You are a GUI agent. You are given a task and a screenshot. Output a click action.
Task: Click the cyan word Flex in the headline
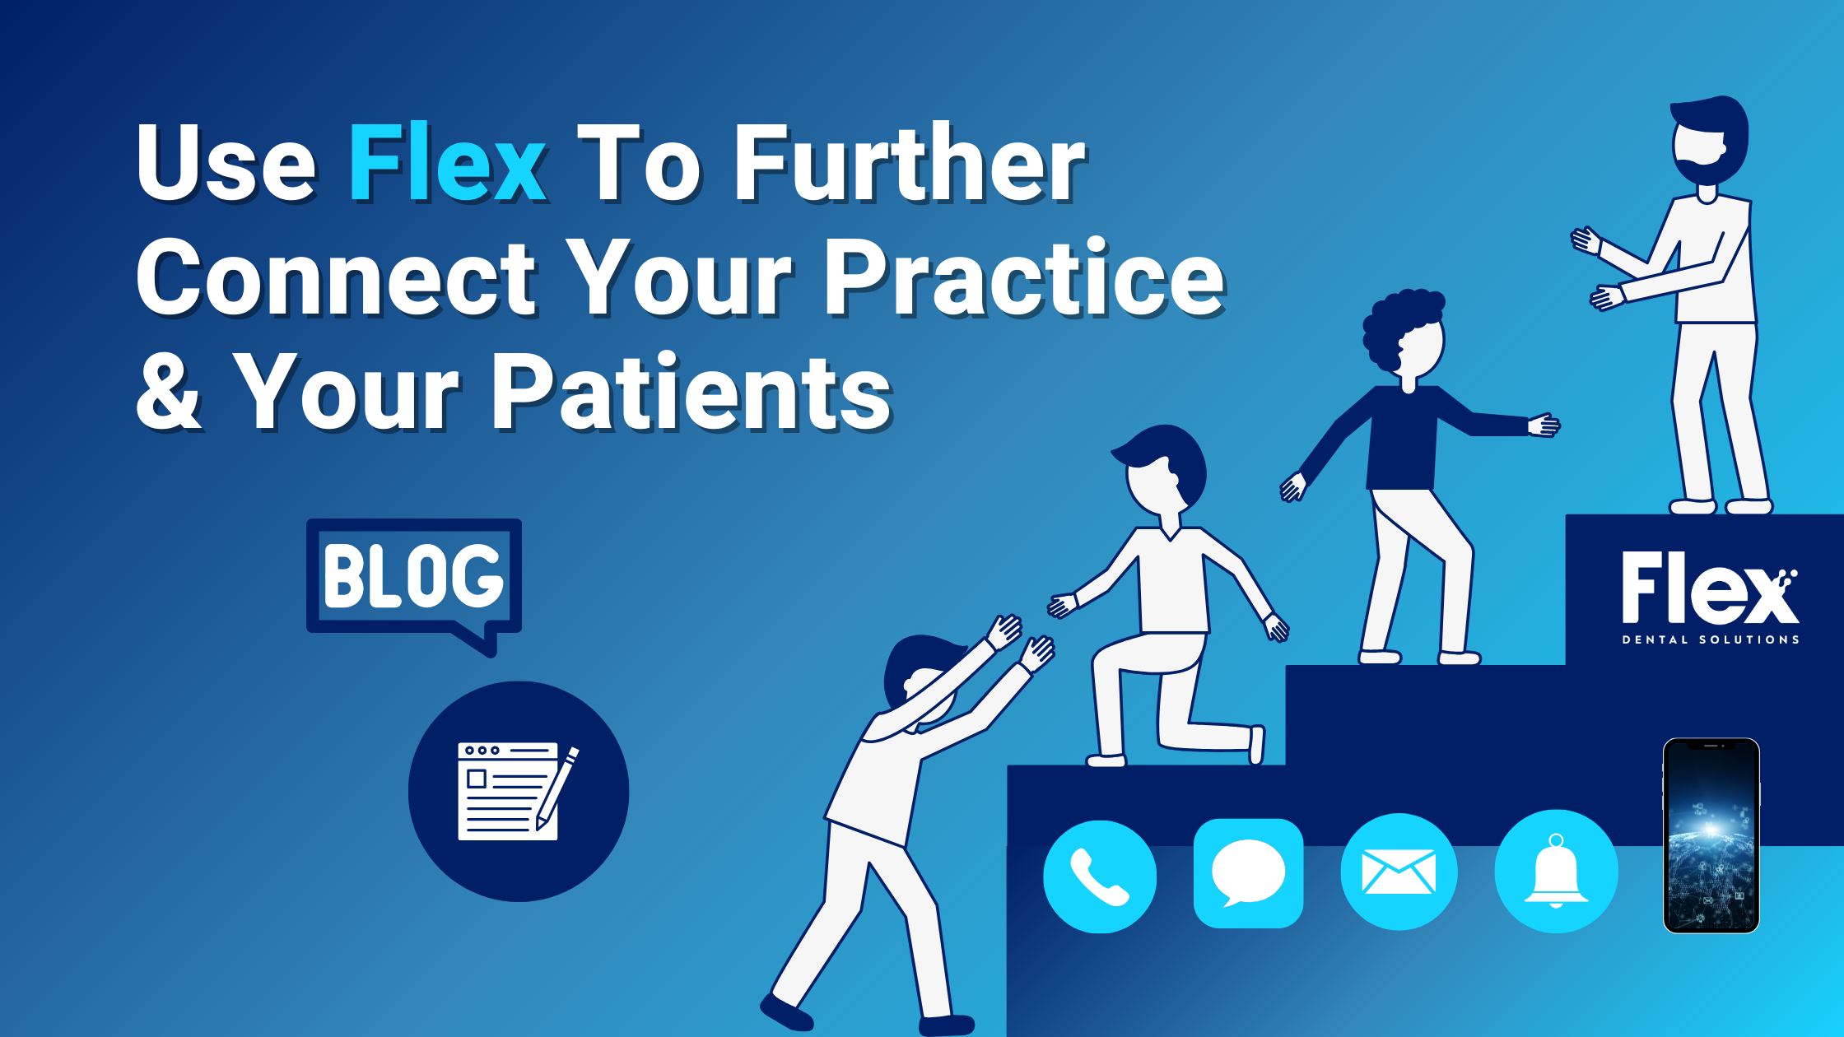coord(447,163)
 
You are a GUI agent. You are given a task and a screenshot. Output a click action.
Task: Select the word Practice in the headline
coord(1024,278)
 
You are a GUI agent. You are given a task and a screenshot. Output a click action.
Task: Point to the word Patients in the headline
coord(691,392)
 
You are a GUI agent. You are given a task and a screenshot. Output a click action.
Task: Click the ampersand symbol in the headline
coord(169,393)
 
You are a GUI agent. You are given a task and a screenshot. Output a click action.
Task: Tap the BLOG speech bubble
coord(413,576)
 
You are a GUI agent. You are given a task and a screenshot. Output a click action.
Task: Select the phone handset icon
coord(1099,877)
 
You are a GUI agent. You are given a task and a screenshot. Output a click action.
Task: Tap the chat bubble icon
coord(1248,873)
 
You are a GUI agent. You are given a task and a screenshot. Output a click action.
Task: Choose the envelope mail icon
coord(1399,872)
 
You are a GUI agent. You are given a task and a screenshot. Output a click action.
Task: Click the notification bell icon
coord(1556,872)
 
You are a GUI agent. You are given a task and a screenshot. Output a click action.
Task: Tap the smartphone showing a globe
coord(1711,835)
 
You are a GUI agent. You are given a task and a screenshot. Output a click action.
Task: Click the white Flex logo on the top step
coord(1709,588)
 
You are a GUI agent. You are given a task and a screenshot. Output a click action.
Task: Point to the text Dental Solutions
coord(1710,639)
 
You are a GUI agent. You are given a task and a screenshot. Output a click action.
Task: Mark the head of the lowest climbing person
coord(918,675)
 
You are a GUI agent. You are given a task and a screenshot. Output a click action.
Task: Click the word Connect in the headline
coord(338,278)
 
